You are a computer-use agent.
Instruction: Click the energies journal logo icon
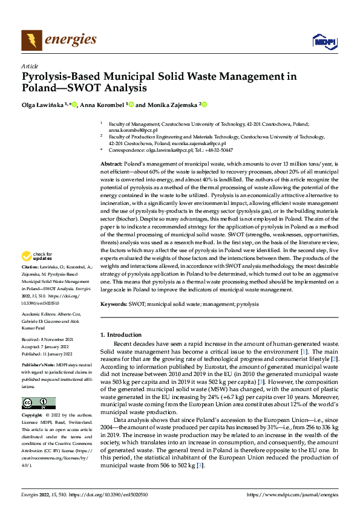tap(29, 41)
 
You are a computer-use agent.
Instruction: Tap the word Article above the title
tap(30, 66)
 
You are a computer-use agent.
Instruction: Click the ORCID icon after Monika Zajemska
tap(205, 105)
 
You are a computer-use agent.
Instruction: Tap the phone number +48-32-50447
tap(220, 150)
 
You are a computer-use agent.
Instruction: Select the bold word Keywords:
tap(114, 304)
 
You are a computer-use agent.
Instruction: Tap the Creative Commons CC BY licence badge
tap(39, 403)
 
